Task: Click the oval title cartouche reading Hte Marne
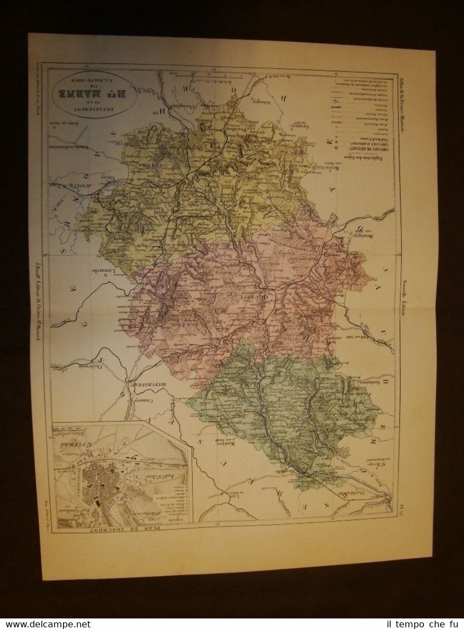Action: click(94, 89)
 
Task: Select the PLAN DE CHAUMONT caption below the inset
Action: click(121, 528)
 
